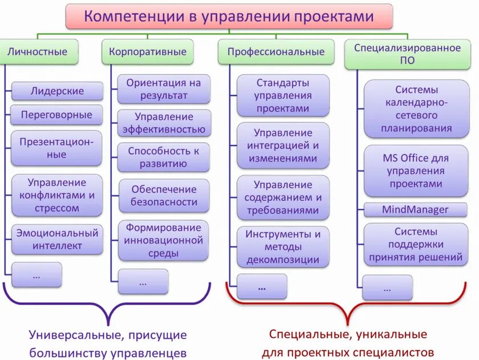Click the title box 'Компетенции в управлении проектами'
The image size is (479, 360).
coord(229,16)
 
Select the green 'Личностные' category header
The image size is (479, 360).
coord(37,51)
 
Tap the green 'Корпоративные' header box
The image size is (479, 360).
coord(148,51)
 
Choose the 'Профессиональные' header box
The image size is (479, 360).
coord(276,51)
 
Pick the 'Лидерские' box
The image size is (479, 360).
coord(57,91)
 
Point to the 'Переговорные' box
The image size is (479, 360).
coord(56,115)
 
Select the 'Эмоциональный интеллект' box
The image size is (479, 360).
coord(57,240)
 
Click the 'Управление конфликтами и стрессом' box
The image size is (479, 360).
coord(57,195)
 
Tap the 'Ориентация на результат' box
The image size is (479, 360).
coord(164,89)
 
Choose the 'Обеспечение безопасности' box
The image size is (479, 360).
coord(164,195)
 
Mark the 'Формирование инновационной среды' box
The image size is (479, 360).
coord(164,240)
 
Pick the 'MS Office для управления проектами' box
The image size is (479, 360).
coord(415,171)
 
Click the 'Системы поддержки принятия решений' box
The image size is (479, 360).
coord(415,245)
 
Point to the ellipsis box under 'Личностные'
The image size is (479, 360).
coord(36,275)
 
